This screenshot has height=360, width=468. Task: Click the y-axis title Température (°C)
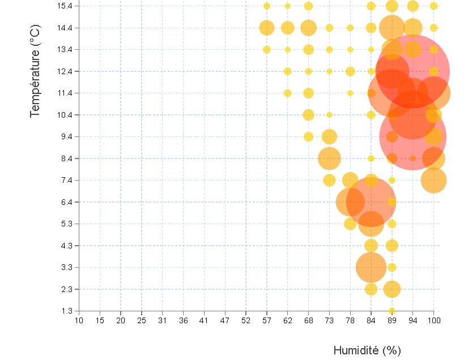click(x=36, y=71)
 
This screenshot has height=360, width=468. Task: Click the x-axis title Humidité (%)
click(x=367, y=350)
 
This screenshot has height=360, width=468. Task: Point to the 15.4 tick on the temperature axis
click(x=65, y=6)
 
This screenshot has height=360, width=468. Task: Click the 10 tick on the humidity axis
click(x=79, y=321)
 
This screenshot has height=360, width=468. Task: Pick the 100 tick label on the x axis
click(x=433, y=321)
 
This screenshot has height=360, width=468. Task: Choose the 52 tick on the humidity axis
click(x=246, y=321)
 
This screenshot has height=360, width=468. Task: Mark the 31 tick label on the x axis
click(x=163, y=321)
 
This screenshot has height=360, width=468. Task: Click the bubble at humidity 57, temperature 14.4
click(x=267, y=28)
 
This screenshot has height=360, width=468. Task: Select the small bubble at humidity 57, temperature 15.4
click(x=267, y=6)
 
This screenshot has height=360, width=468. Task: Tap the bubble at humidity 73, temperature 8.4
click(x=329, y=158)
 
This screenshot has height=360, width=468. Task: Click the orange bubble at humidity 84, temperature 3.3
click(x=371, y=267)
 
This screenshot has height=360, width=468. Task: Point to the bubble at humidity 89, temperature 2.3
click(x=392, y=289)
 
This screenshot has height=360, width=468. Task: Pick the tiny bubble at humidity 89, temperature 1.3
click(x=392, y=311)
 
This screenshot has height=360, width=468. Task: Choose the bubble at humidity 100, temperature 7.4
click(x=433, y=180)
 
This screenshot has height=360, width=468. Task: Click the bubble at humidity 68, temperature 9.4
click(x=308, y=136)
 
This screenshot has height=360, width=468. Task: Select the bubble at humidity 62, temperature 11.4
click(x=287, y=93)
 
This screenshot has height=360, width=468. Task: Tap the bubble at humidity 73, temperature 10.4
click(x=329, y=115)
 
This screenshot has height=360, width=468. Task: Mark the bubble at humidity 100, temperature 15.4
click(x=433, y=6)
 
